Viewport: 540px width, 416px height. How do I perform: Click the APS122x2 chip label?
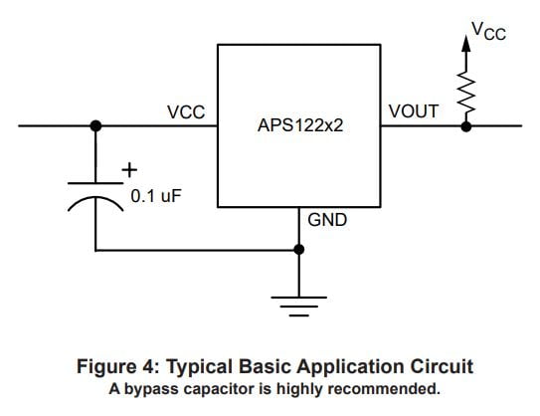click(x=300, y=125)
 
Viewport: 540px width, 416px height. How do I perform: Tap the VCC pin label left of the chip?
click(x=186, y=112)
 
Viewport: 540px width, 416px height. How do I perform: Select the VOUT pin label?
click(x=414, y=111)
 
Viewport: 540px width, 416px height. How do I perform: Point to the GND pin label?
click(x=327, y=220)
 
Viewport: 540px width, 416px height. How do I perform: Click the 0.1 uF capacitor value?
click(x=156, y=196)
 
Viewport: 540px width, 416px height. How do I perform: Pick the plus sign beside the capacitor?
click(x=129, y=170)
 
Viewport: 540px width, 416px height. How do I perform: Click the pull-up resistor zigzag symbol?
click(x=466, y=93)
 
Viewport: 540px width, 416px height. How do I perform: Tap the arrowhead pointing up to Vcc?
click(x=466, y=44)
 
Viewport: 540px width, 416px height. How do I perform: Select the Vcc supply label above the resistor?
click(x=488, y=31)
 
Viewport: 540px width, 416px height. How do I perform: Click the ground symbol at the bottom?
click(x=299, y=307)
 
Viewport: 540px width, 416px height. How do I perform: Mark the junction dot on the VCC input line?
click(x=95, y=125)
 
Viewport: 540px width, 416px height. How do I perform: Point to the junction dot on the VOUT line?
click(x=466, y=126)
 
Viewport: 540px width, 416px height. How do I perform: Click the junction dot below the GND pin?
click(x=299, y=249)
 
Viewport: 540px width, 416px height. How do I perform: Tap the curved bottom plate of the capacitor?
click(x=95, y=198)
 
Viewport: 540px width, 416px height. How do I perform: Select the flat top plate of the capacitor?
click(x=95, y=183)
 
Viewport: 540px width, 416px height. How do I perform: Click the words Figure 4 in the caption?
click(x=117, y=366)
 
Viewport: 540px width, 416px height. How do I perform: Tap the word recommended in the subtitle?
click(x=384, y=389)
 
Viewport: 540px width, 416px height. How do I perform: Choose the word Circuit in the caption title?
click(x=442, y=366)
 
